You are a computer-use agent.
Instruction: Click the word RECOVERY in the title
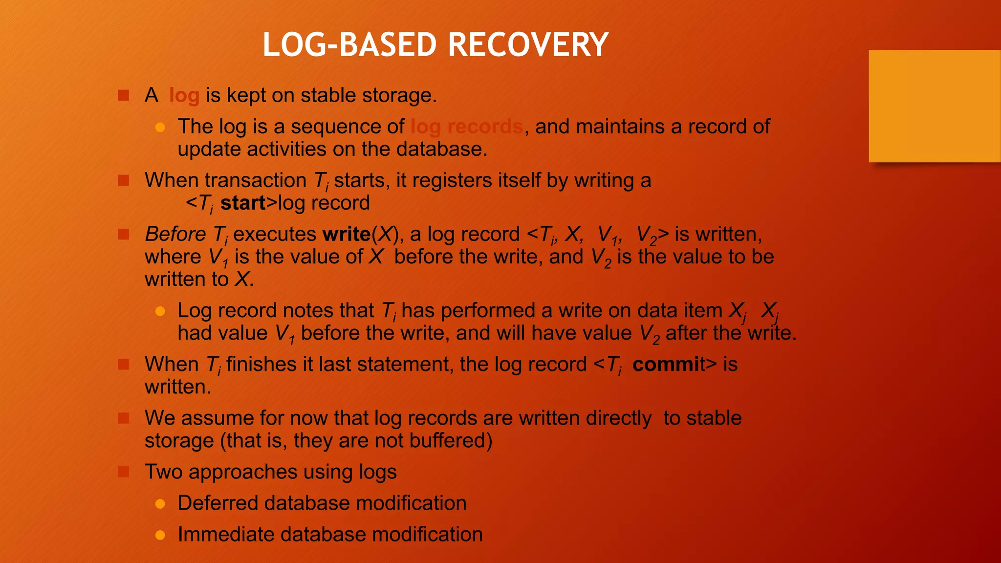(528, 45)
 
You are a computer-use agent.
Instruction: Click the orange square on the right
(935, 106)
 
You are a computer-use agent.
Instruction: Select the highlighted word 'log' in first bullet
(184, 96)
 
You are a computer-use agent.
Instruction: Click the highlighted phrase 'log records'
(466, 127)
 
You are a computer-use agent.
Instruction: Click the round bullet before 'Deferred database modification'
(160, 504)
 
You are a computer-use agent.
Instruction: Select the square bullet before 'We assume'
(124, 418)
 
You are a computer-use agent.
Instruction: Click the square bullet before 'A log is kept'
(124, 95)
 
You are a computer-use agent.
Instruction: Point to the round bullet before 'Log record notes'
(160, 311)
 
